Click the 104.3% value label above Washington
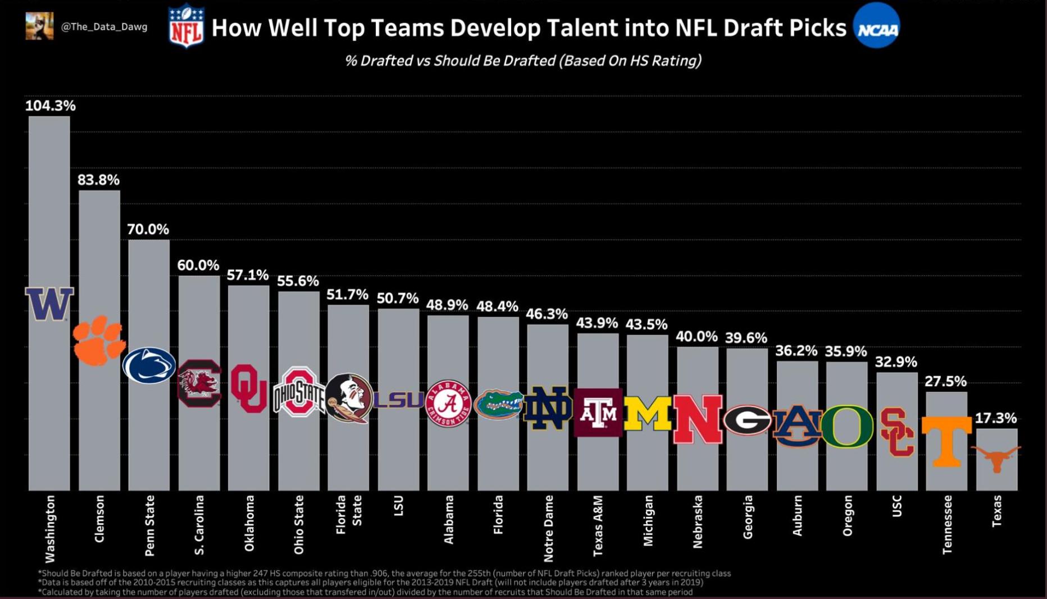click(50, 106)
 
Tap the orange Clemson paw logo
click(99, 340)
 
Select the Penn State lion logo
click(149, 365)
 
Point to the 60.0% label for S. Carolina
click(198, 266)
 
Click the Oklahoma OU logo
click(248, 388)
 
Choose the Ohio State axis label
click(299, 524)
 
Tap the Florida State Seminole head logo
click(348, 398)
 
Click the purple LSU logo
click(398, 399)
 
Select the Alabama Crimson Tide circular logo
click(448, 403)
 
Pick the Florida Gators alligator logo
click(498, 404)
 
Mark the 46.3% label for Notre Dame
click(547, 314)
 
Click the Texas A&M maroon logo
click(598, 413)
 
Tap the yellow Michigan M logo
click(648, 414)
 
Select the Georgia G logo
click(747, 419)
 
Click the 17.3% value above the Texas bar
click(995, 418)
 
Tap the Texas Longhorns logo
click(996, 458)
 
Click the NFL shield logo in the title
click(186, 26)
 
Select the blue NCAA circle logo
click(876, 26)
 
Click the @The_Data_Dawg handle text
click(104, 27)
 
